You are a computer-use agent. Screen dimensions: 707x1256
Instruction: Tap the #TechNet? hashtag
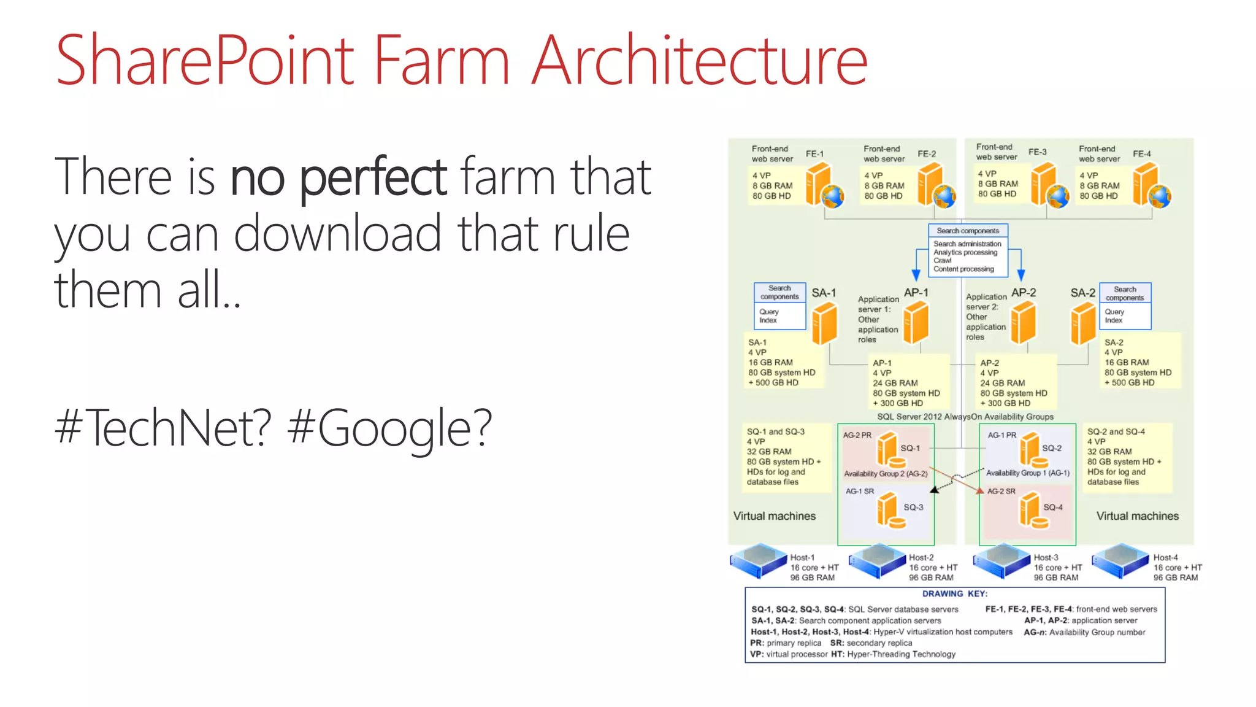point(163,428)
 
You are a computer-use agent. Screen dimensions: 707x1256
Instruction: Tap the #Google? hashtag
point(390,428)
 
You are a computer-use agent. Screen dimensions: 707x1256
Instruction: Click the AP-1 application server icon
point(916,323)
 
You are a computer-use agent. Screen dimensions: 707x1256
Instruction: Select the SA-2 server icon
point(1083,324)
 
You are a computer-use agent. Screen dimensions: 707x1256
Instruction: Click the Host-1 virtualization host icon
point(758,561)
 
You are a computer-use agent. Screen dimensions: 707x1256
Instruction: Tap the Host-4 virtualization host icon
point(1120,561)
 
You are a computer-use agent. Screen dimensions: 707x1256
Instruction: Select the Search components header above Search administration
point(968,231)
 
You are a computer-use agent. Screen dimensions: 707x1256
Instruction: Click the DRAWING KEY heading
point(954,594)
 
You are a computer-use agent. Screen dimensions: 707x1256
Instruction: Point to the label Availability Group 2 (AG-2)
point(886,474)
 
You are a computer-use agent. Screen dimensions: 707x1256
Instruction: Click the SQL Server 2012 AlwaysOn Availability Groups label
point(965,417)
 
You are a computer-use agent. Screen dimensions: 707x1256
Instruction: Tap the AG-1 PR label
point(1001,435)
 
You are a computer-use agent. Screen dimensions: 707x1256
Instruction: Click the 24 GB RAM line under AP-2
point(1002,383)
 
